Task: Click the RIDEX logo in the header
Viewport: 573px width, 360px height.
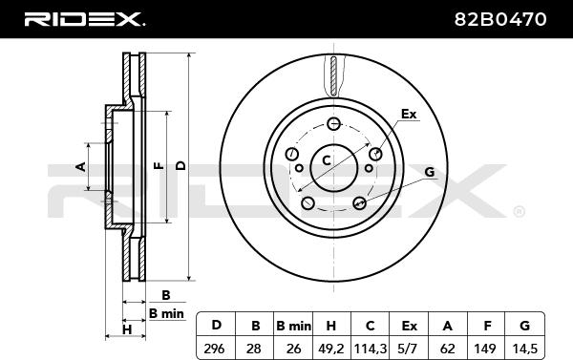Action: [x=84, y=19]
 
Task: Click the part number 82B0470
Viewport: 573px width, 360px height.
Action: [x=500, y=19]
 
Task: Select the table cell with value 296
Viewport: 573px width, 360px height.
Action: [x=216, y=349]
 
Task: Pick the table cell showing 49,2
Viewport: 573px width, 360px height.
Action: [x=331, y=349]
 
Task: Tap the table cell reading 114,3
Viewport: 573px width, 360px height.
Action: [x=370, y=349]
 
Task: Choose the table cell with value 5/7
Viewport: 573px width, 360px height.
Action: [x=409, y=349]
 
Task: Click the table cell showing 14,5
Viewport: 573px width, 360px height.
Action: [x=524, y=349]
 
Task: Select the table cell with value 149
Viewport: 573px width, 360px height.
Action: [x=486, y=349]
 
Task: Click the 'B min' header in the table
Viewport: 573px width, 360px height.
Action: [x=293, y=325]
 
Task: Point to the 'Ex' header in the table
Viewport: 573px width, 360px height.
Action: [x=409, y=325]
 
